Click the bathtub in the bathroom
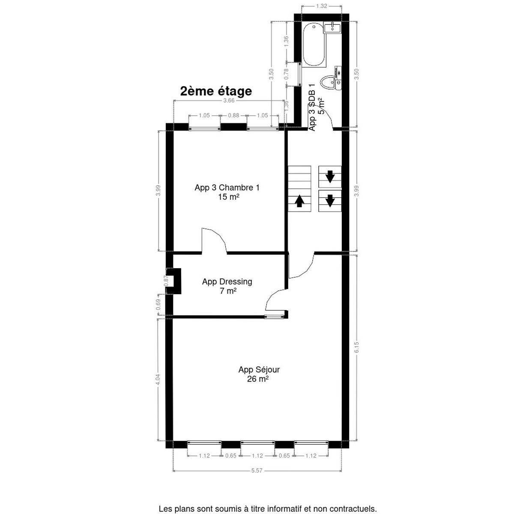pyautogui.click(x=314, y=45)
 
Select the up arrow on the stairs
pyautogui.click(x=299, y=200)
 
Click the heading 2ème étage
pyautogui.click(x=215, y=91)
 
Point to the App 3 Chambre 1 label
pyautogui.click(x=227, y=188)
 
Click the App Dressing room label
pyautogui.click(x=227, y=282)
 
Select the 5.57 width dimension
pyautogui.click(x=257, y=470)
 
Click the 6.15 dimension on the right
pyautogui.click(x=356, y=347)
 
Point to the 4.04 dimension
pyautogui.click(x=158, y=380)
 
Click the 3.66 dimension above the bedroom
pyautogui.click(x=229, y=101)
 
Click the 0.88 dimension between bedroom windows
pyautogui.click(x=233, y=115)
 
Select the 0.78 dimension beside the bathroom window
pyautogui.click(x=287, y=75)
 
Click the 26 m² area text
pyautogui.click(x=258, y=379)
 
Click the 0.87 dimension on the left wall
pyautogui.click(x=166, y=281)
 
